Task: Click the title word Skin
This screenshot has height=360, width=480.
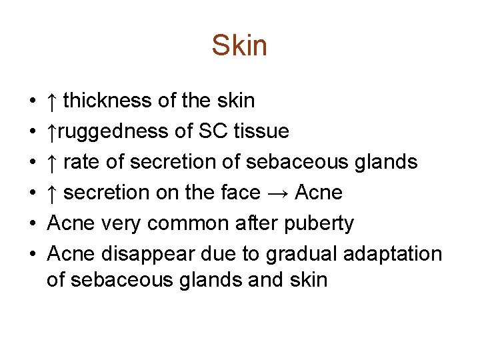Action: (x=239, y=46)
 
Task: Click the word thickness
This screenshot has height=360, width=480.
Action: (x=107, y=101)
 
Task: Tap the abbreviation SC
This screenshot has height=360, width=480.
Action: (x=213, y=131)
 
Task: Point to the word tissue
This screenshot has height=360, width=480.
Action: (x=261, y=131)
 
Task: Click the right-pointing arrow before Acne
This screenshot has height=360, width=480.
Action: (x=277, y=193)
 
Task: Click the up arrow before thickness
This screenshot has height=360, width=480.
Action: (x=52, y=101)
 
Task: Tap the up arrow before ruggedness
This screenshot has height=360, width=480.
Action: (x=52, y=131)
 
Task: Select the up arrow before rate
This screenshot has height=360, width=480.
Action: (x=52, y=162)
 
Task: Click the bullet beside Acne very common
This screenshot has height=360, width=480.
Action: (x=32, y=224)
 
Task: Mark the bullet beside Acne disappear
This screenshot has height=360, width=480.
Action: (x=32, y=255)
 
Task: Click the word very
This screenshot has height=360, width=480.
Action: (x=119, y=223)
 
